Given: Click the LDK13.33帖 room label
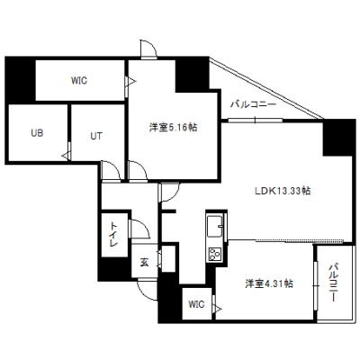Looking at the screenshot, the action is (x=283, y=191).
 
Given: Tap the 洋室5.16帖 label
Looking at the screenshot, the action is (x=173, y=128).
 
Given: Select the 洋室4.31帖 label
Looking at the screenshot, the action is (x=269, y=283).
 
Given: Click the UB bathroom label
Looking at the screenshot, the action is (x=37, y=132).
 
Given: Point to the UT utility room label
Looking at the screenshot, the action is (x=96, y=136).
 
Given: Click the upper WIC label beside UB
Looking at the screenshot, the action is (x=79, y=80).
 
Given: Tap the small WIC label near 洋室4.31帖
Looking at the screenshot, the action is (x=196, y=304).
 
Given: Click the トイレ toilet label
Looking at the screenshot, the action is (x=113, y=234).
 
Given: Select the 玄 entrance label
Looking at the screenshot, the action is (x=144, y=263).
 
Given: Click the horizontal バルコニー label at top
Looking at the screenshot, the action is (x=253, y=104).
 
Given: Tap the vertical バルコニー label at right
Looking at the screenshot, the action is (x=334, y=282).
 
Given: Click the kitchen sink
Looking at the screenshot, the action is (x=215, y=226).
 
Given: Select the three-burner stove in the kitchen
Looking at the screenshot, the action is (x=215, y=255).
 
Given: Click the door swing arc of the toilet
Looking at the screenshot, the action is (x=143, y=226).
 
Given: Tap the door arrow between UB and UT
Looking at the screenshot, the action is (x=66, y=156).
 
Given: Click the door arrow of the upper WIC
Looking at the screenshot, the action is (x=131, y=81).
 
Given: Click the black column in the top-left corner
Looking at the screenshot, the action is (x=20, y=80).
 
